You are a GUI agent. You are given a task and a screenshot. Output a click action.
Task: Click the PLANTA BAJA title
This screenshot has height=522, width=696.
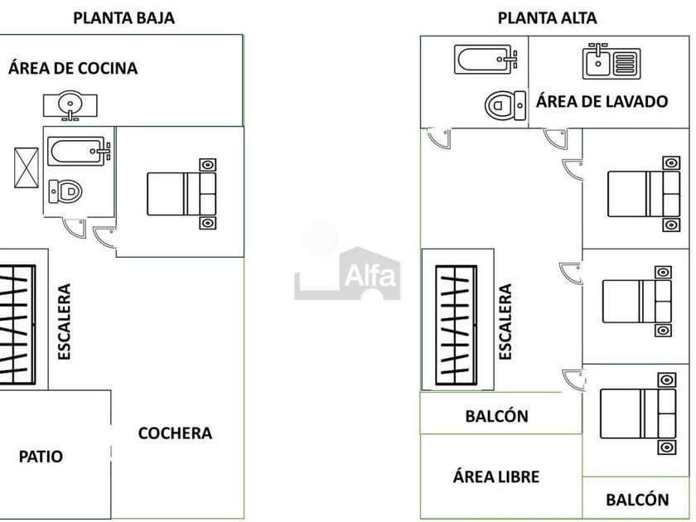(x=123, y=17)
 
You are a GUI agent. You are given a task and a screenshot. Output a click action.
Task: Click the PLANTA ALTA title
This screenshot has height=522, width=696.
(x=547, y=17)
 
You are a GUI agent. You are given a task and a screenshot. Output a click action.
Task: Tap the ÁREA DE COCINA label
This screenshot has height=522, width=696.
(x=73, y=68)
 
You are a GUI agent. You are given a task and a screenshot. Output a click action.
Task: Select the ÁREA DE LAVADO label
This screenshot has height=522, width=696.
(x=602, y=102)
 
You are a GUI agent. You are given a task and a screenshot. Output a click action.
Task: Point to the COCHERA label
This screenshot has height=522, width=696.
(x=175, y=433)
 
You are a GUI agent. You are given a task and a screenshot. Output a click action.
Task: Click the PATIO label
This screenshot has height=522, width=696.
(x=41, y=456)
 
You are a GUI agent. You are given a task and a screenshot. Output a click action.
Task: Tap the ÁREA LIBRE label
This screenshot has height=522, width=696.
(x=496, y=476)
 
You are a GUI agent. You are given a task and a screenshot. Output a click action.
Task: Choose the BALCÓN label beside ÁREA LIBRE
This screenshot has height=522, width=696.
(x=637, y=500)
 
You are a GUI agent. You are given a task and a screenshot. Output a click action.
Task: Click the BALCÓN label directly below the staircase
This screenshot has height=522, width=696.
(x=496, y=416)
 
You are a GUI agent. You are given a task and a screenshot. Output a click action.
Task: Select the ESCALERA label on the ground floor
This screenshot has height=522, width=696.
(x=65, y=321)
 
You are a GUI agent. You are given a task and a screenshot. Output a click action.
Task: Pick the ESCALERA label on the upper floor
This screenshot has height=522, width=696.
(x=505, y=321)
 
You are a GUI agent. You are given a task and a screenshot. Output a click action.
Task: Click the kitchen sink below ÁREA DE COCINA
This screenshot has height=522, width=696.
(x=70, y=104)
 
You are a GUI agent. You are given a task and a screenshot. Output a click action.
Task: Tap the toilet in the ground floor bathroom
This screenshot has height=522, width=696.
(x=66, y=191)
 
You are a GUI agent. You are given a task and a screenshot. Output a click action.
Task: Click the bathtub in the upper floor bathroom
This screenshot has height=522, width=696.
(x=486, y=60)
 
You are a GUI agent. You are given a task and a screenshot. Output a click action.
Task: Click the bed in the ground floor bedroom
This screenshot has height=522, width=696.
(x=182, y=193)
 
